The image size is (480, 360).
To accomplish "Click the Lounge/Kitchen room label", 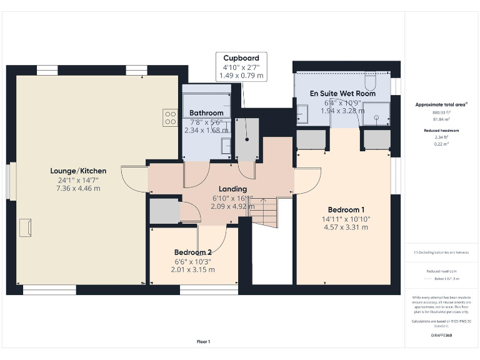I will (x=78, y=171).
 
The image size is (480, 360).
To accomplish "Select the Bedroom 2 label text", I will (x=192, y=252).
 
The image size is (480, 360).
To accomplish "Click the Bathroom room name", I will (x=206, y=113).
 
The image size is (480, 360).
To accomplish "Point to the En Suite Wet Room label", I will (x=343, y=94).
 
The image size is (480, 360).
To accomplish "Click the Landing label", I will (x=232, y=189).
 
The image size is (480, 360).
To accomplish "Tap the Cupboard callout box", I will (x=241, y=66).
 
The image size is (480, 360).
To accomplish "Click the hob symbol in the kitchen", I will (x=170, y=117).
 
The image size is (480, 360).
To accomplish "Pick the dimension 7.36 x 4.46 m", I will (x=78, y=188).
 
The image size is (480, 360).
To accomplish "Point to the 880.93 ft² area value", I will (x=441, y=112).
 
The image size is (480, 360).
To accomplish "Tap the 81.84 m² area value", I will (x=441, y=119).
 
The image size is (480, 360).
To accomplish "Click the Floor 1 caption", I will (x=203, y=341).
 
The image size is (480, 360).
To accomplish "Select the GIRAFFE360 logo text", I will (x=441, y=336).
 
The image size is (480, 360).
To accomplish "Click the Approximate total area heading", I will (x=441, y=104).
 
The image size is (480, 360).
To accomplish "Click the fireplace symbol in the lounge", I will (x=26, y=227).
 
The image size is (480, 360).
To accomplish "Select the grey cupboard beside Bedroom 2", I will (x=164, y=211).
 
